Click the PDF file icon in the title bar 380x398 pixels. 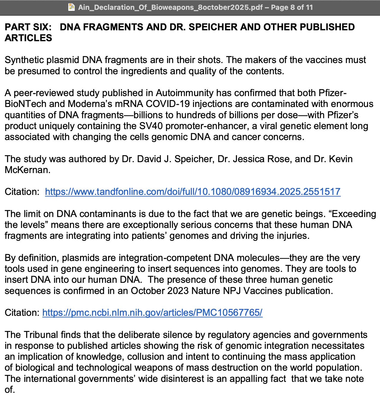(x=72, y=7)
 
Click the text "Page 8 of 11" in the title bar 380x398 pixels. (x=292, y=7)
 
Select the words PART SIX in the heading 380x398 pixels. (x=28, y=27)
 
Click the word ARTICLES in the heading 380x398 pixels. (x=28, y=38)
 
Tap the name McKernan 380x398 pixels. (x=27, y=170)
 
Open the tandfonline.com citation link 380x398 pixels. (x=192, y=192)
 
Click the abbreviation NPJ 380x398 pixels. (x=232, y=291)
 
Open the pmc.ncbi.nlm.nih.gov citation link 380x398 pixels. (x=152, y=313)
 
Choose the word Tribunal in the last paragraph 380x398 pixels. (x=41, y=335)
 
